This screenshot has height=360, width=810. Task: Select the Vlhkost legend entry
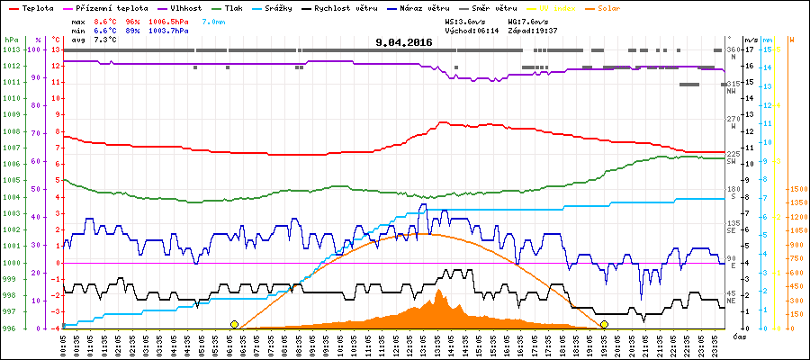coord(184,7)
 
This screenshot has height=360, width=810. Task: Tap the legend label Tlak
coord(234,7)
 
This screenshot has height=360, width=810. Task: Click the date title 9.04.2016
coord(404,41)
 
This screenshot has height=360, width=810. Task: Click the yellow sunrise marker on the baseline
coord(234,324)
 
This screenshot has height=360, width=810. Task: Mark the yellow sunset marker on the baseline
coord(604,324)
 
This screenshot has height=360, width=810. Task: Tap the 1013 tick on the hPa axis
coord(10,50)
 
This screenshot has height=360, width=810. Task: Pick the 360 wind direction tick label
coord(732,49)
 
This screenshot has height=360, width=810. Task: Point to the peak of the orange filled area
coord(439,290)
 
